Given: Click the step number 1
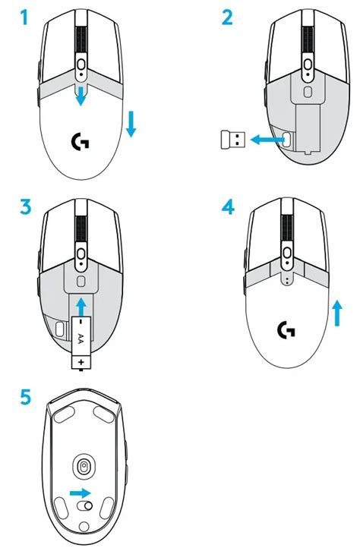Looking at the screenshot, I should [x=26, y=17].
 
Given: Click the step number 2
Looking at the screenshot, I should [x=227, y=17].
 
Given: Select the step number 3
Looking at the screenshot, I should [x=27, y=206].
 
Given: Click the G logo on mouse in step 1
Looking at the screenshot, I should [x=77, y=140].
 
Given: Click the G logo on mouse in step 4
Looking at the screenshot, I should [x=286, y=329].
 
